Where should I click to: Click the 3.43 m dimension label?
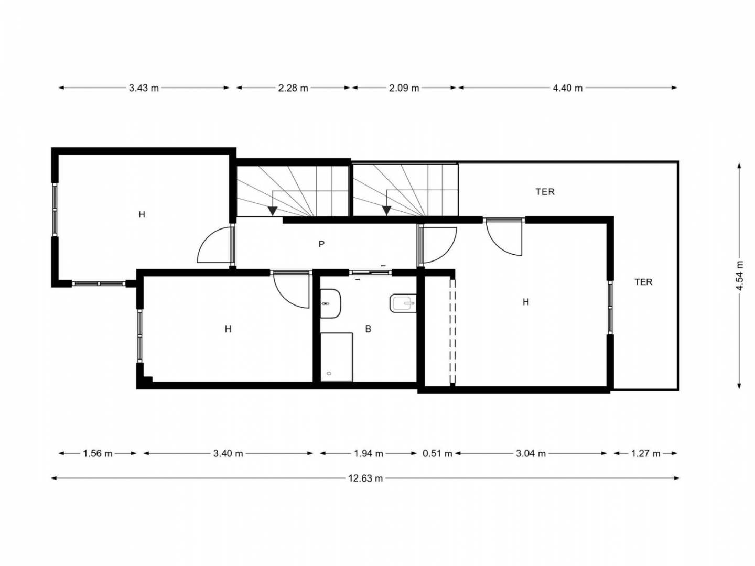tap(144, 88)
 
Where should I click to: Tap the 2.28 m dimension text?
tap(293, 88)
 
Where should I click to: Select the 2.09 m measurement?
tap(404, 88)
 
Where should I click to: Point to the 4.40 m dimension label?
tap(567, 88)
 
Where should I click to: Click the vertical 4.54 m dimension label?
tap(739, 276)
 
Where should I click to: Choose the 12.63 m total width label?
tap(365, 478)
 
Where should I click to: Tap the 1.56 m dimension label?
tap(98, 454)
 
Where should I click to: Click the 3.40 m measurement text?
tap(228, 454)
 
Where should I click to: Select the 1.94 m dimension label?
tap(369, 454)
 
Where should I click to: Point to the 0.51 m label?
tap(437, 454)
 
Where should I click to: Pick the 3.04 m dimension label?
tap(531, 454)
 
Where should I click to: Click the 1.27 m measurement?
tap(645, 454)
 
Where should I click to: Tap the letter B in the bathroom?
tap(368, 329)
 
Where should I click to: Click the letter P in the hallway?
tap(321, 244)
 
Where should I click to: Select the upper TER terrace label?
tap(545, 192)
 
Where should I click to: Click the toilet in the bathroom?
tap(330, 304)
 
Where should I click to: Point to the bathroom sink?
tap(403, 303)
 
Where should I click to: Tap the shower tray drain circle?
tap(329, 373)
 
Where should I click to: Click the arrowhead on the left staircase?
tap(273, 211)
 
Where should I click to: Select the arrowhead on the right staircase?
tap(386, 211)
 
